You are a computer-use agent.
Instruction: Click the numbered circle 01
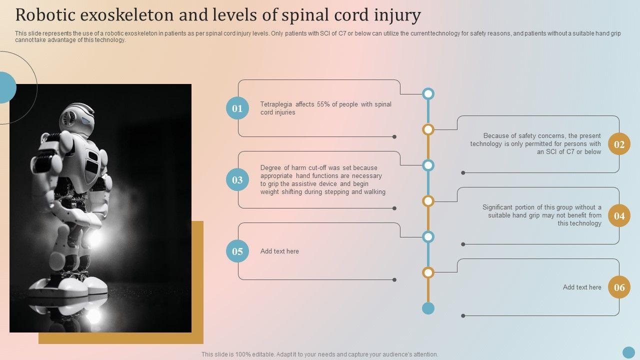(x=237, y=108)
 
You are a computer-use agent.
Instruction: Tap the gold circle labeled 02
(x=619, y=144)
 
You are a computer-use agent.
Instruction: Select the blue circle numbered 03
(x=237, y=180)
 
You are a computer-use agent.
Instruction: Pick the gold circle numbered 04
(x=619, y=216)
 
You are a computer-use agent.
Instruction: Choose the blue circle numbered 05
(x=237, y=251)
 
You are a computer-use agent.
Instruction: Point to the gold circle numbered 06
(x=619, y=287)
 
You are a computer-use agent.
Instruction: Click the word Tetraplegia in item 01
(x=276, y=104)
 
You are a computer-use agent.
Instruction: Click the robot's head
(x=77, y=118)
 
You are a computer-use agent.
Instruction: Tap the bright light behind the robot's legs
(x=94, y=238)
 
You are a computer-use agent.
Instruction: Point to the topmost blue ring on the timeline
(x=428, y=93)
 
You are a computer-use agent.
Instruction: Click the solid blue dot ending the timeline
(x=428, y=308)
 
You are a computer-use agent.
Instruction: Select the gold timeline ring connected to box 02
(x=428, y=129)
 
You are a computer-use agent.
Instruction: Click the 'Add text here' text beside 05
(x=279, y=251)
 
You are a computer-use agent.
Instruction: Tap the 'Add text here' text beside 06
(x=582, y=287)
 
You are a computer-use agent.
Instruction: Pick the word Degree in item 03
(x=270, y=168)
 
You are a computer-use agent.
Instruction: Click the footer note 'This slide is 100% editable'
(x=319, y=354)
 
